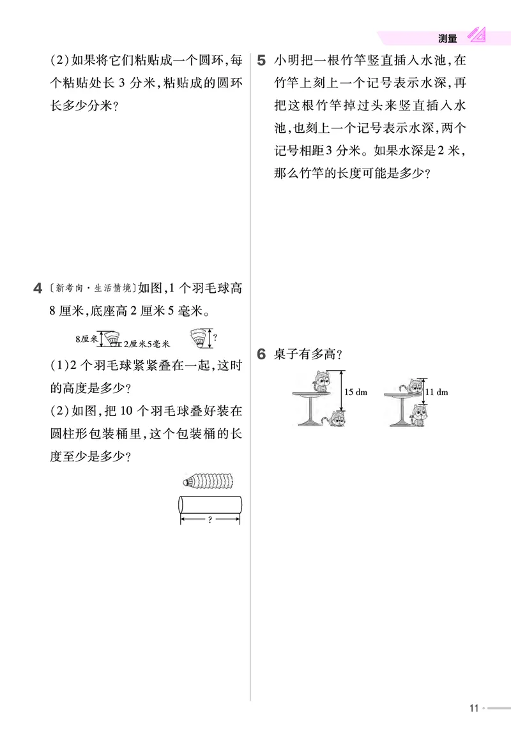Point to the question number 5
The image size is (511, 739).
click(261, 61)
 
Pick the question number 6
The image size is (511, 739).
click(261, 355)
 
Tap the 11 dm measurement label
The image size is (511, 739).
click(437, 392)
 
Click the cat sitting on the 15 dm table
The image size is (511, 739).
click(320, 382)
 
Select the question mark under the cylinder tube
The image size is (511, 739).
click(210, 520)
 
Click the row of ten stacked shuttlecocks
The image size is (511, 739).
click(208, 480)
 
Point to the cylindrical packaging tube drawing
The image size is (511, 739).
click(209, 504)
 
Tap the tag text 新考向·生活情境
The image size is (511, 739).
click(93, 288)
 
